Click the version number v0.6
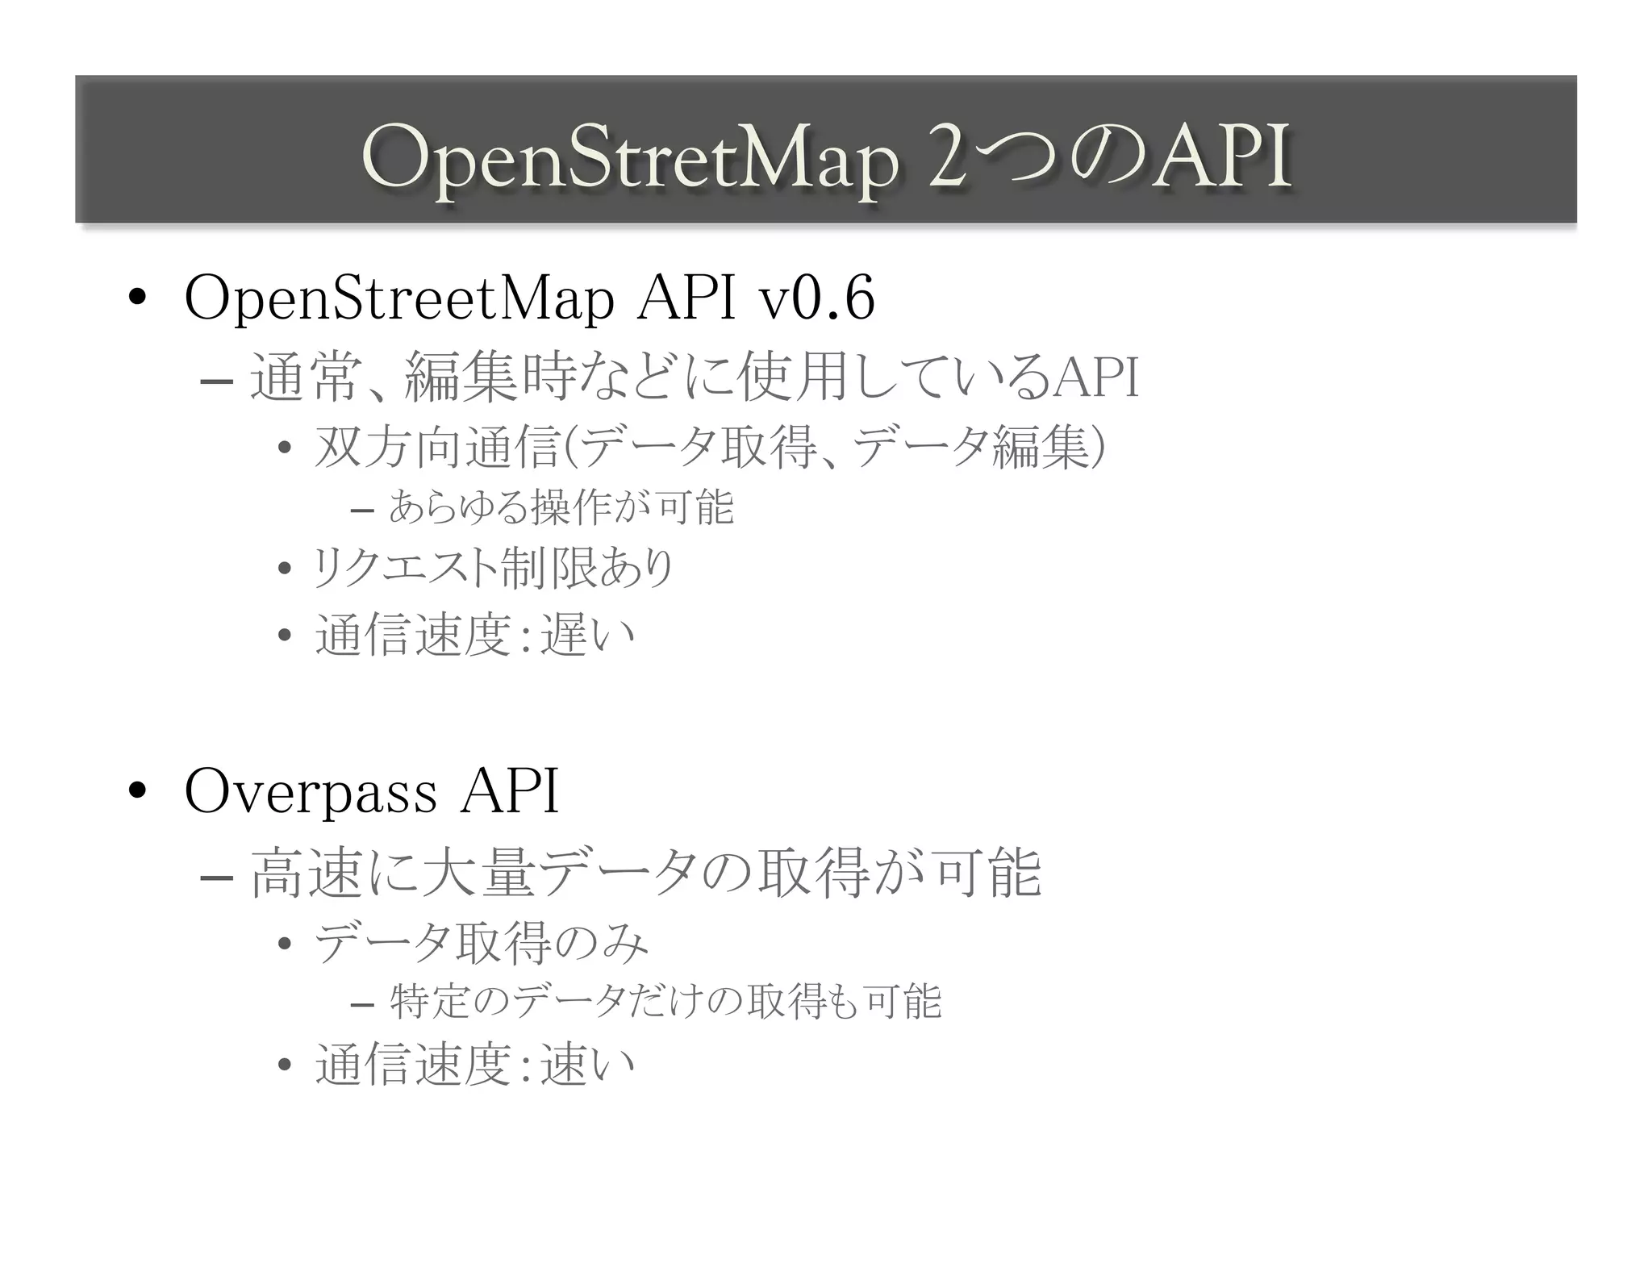click(816, 299)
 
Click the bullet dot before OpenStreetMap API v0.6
click(136, 298)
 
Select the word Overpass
click(311, 792)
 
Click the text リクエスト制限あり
click(493, 569)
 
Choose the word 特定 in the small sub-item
click(427, 1003)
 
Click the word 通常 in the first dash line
click(303, 377)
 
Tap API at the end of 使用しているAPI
click(1097, 377)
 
